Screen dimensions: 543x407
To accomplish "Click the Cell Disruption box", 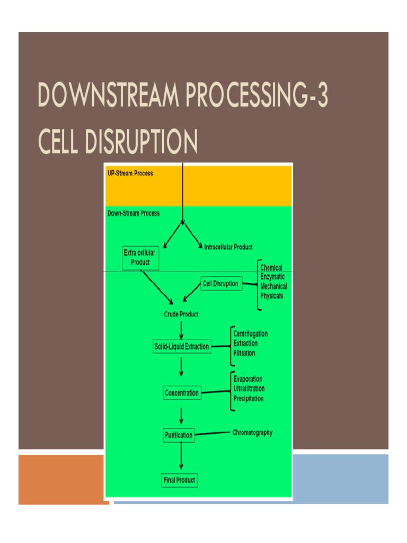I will click(x=221, y=284).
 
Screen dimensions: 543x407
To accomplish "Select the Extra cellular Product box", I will click(x=140, y=258).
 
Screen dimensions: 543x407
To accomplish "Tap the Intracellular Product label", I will click(x=228, y=247).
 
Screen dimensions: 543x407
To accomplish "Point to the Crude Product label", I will click(x=181, y=314).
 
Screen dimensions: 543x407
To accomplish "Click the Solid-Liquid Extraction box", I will click(x=182, y=347).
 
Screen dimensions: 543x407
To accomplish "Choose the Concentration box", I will click(x=182, y=393).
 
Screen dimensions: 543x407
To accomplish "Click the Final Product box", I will click(x=179, y=480).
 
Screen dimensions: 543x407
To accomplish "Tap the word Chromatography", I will click(x=252, y=433).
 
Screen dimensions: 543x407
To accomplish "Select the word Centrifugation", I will click(x=251, y=334).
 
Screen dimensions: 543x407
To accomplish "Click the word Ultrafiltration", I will click(x=249, y=389).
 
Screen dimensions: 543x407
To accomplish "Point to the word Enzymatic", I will click(x=272, y=277).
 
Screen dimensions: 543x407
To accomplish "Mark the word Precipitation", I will click(x=249, y=398).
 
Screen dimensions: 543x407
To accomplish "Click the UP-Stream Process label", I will click(x=130, y=173).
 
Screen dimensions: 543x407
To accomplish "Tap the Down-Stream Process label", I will click(x=134, y=213).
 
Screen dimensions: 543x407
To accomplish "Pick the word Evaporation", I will click(x=247, y=379).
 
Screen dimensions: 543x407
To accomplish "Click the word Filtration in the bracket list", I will click(x=244, y=353).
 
